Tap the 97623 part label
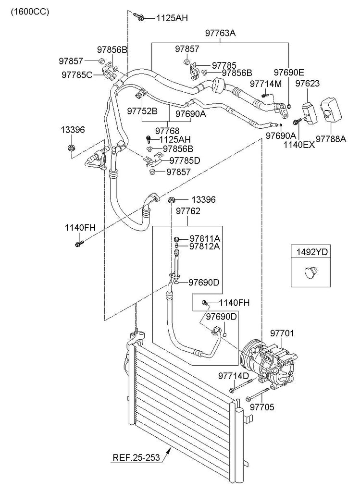[307, 84]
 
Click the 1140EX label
[298, 144]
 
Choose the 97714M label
[265, 84]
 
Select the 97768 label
[167, 130]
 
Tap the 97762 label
[187, 210]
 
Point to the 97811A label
[204, 238]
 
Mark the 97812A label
[204, 246]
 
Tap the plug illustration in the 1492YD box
[309, 273]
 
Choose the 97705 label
[262, 407]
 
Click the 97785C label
[76, 74]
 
